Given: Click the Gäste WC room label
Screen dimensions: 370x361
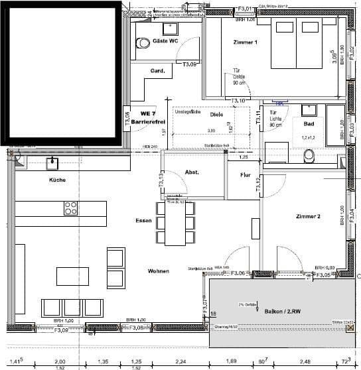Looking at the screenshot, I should [x=165, y=41].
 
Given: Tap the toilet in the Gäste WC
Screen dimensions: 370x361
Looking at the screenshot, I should [x=143, y=43].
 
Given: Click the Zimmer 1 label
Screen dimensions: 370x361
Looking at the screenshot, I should [x=245, y=42].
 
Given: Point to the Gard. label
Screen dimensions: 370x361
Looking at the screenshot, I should [x=157, y=71].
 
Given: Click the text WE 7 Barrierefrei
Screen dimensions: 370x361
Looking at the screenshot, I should [x=143, y=118].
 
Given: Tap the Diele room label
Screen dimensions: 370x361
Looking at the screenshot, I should [x=216, y=114].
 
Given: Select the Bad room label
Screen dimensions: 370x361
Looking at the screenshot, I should [x=309, y=124].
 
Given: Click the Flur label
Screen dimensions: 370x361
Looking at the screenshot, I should [x=244, y=175].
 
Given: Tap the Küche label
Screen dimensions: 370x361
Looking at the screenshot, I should [x=56, y=181].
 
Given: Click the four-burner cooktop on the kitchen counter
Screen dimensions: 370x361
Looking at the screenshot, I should [x=71, y=209].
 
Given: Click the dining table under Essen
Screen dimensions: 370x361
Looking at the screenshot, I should [x=175, y=222].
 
